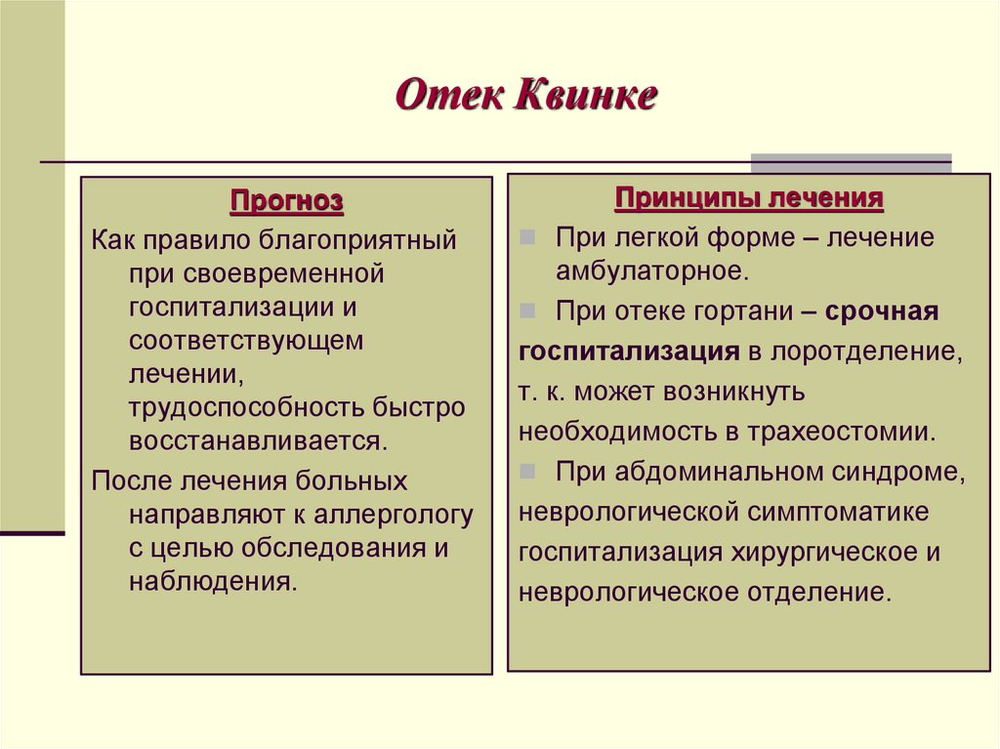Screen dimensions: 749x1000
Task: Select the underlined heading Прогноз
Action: pyautogui.click(x=286, y=202)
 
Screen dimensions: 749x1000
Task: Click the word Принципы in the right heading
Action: pyautogui.click(x=687, y=199)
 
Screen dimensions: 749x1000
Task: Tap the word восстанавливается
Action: pyautogui.click(x=257, y=439)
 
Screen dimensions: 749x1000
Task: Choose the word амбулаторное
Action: pyautogui.click(x=652, y=270)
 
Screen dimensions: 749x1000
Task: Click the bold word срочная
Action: pyautogui.click(x=882, y=312)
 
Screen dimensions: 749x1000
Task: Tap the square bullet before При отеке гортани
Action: pyautogui.click(x=527, y=312)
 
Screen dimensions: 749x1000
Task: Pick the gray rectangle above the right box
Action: pyautogui.click(x=850, y=162)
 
